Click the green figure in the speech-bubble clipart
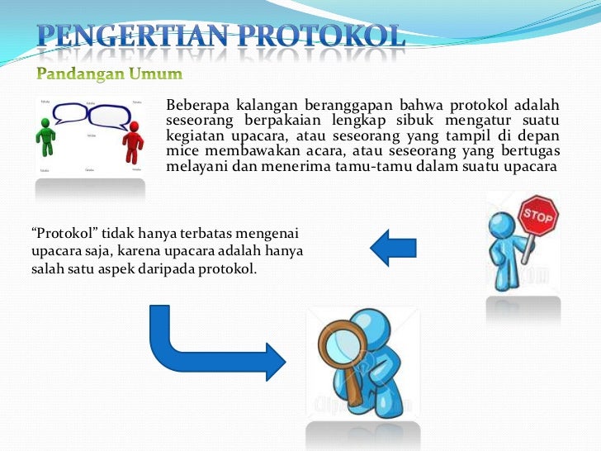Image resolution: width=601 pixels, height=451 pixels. pyautogui.click(x=46, y=137)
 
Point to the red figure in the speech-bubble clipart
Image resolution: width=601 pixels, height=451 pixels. pyautogui.click(x=132, y=142)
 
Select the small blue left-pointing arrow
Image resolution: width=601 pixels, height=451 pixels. pyautogui.click(x=394, y=246)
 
